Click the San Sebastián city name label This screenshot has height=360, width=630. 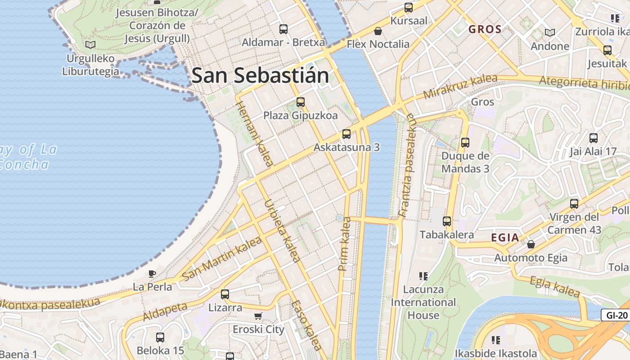click(x=260, y=75)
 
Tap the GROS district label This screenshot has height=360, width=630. click(x=485, y=30)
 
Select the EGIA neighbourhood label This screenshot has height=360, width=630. click(x=505, y=238)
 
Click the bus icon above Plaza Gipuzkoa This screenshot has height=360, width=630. click(x=300, y=102)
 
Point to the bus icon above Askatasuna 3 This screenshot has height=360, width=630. click(x=346, y=134)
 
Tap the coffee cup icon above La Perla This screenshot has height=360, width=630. click(x=152, y=274)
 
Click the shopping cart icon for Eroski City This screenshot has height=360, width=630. click(x=258, y=316)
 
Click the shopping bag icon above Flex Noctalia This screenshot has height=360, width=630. click(x=378, y=31)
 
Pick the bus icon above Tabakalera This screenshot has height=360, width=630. click(x=446, y=221)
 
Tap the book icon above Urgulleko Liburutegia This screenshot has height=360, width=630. click(x=90, y=45)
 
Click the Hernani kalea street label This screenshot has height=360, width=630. click(x=254, y=134)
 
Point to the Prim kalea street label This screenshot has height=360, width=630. click(x=344, y=244)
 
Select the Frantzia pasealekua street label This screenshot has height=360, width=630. click(x=407, y=165)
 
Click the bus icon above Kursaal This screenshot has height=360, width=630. click(x=408, y=8)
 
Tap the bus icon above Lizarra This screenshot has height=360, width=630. click(x=225, y=294)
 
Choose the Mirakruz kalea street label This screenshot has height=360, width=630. click(x=460, y=86)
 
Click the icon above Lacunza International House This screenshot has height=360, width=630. click(x=423, y=276)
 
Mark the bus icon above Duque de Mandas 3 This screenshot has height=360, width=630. click(x=465, y=143)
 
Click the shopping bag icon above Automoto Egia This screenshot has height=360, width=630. click(x=531, y=244)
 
